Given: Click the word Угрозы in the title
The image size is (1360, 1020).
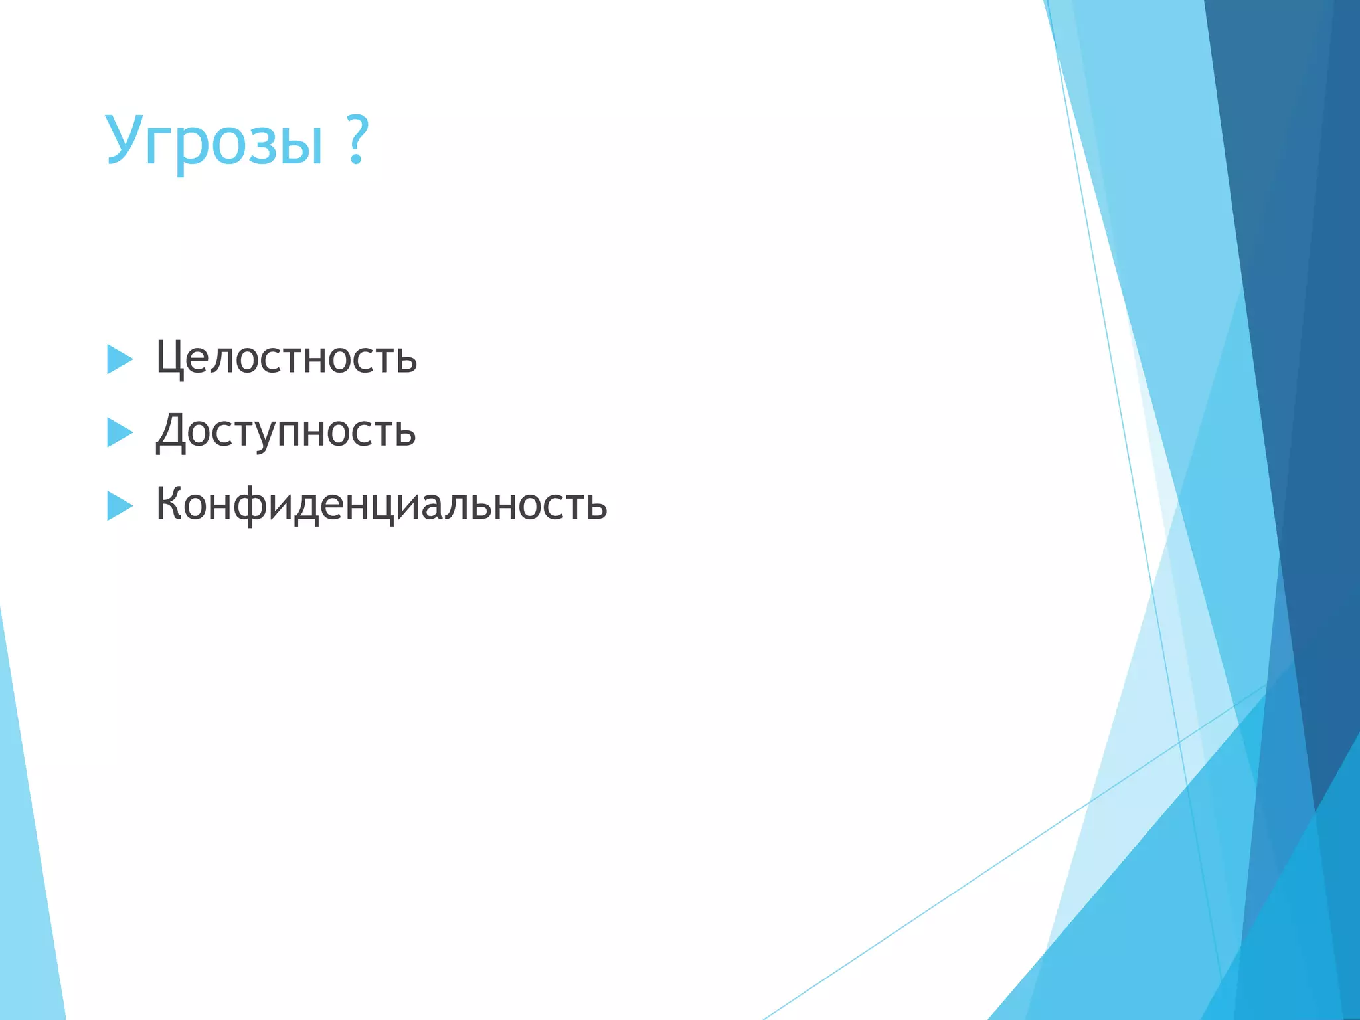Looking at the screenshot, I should tap(214, 141).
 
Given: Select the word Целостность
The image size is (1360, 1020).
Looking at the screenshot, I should tap(286, 359).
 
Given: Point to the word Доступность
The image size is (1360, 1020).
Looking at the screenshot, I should tap(286, 432).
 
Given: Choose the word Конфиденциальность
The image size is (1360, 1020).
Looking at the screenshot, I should tap(381, 505).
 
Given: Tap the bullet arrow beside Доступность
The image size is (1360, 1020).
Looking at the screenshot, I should tap(119, 433).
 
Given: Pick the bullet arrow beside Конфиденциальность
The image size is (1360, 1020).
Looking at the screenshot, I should tap(119, 506).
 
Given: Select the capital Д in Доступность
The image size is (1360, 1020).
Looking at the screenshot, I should tap(171, 432).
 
